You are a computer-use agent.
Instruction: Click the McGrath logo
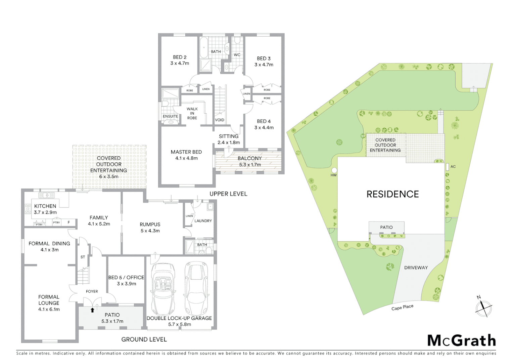pyautogui.click(x=461, y=340)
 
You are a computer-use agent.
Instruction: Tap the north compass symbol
pyautogui.click(x=483, y=307)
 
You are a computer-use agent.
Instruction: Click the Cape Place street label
pyautogui.click(x=402, y=308)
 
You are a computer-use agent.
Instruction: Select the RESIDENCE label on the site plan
pyautogui.click(x=392, y=194)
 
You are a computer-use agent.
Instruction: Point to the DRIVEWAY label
pyautogui.click(x=416, y=268)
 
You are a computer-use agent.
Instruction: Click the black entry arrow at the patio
pyautogui.click(x=92, y=310)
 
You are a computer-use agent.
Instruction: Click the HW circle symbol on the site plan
pyautogui.click(x=334, y=170)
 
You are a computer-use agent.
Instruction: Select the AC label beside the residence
pyautogui.click(x=453, y=167)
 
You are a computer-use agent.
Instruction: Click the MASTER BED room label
pyautogui.click(x=186, y=155)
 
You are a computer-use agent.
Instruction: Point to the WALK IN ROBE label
pyautogui.click(x=192, y=113)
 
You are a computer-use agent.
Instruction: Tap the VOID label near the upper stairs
pyautogui.click(x=220, y=120)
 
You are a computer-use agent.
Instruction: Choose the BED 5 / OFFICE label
pyautogui.click(x=126, y=280)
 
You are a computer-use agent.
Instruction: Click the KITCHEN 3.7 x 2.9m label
pyautogui.click(x=45, y=209)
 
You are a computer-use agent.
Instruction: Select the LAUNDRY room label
pyautogui.click(x=203, y=221)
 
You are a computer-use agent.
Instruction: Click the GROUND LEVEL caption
pyautogui.click(x=144, y=339)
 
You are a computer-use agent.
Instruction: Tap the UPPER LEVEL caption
pyautogui.click(x=228, y=194)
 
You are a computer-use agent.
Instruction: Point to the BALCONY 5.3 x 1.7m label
pyautogui.click(x=250, y=161)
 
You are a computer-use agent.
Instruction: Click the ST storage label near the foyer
pyautogui.click(x=83, y=257)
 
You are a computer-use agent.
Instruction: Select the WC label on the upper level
pyautogui.click(x=237, y=55)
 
